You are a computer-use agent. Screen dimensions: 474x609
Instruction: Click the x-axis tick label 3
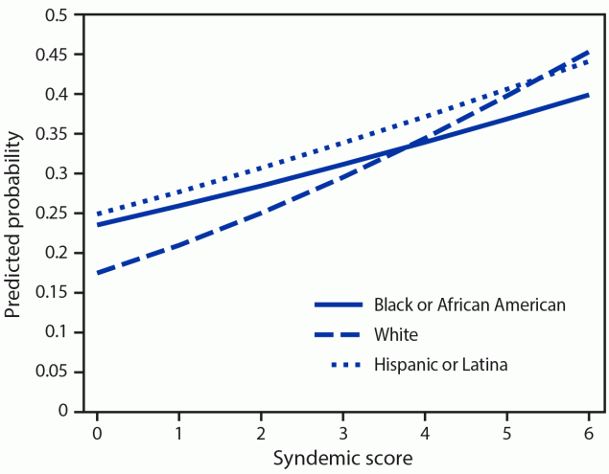[x=343, y=431]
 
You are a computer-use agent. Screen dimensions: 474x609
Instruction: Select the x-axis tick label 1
[x=179, y=431]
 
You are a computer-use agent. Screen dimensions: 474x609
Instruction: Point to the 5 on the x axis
[x=507, y=431]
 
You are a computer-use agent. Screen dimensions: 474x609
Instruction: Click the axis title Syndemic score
[x=343, y=458]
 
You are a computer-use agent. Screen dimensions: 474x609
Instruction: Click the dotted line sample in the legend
[x=340, y=365]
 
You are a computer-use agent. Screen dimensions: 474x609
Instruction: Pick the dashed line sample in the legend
[x=340, y=335]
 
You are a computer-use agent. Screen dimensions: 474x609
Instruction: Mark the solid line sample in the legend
[x=340, y=305]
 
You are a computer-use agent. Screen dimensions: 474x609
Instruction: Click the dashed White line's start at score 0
[x=98, y=273]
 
